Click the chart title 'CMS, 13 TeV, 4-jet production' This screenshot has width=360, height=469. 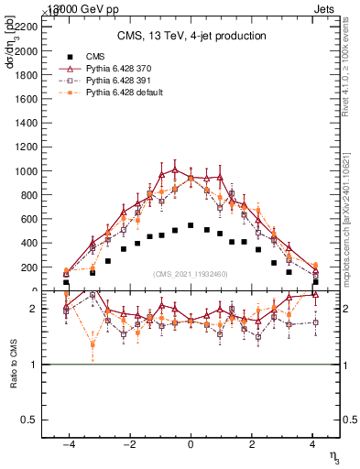coord(191,36)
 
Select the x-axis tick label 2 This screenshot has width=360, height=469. coord(252,445)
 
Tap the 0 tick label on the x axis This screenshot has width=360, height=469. coord(191,445)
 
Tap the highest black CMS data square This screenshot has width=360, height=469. coord(191,225)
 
